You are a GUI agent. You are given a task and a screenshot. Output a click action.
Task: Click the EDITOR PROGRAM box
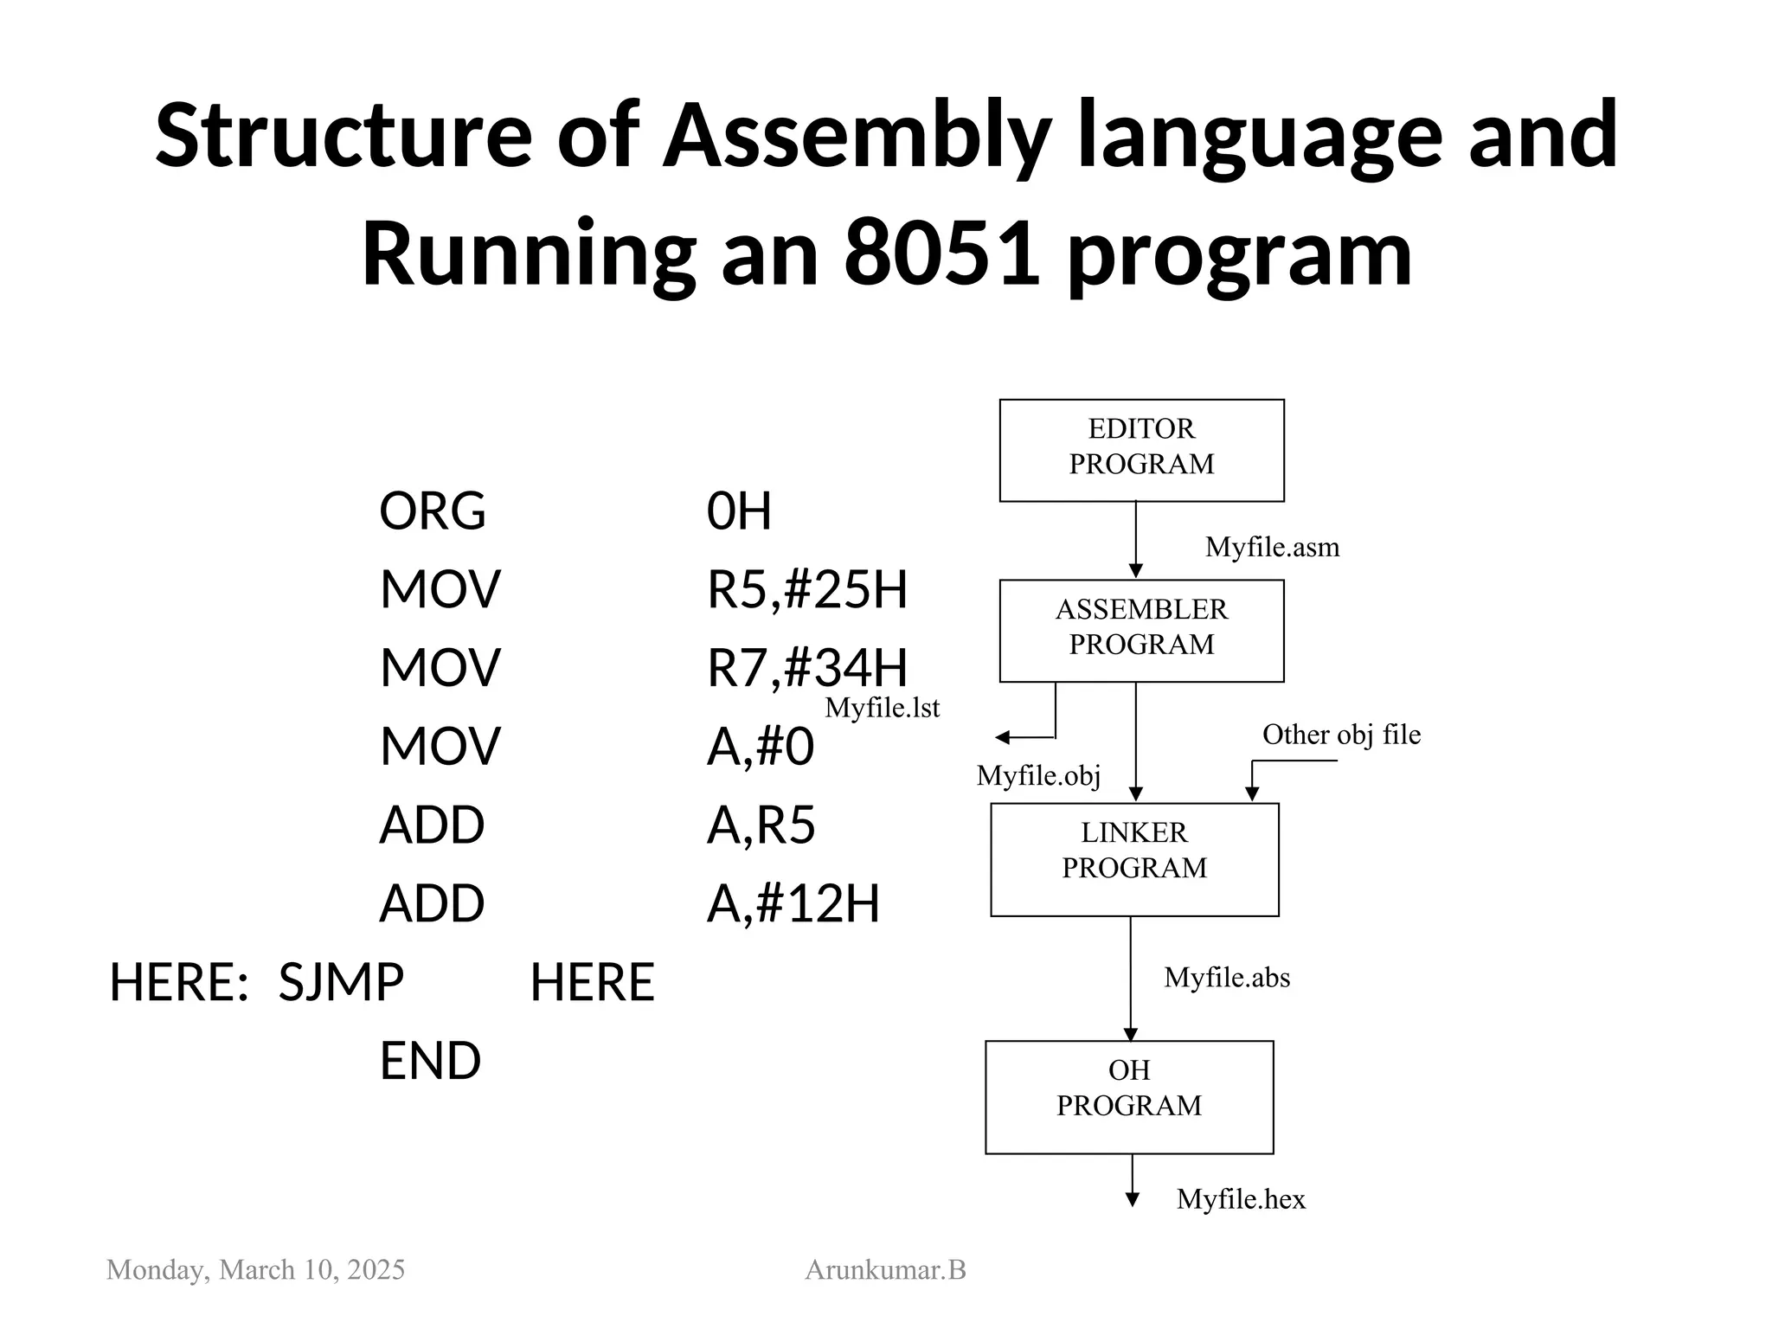[x=1140, y=450]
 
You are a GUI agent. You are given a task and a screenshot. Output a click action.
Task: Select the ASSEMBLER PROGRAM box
[x=1140, y=630]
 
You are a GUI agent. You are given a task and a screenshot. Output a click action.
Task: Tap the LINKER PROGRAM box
[x=1133, y=858]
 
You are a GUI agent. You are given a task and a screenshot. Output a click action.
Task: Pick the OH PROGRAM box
[x=1128, y=1096]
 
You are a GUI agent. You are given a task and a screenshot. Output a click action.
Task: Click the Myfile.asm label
[x=1272, y=547]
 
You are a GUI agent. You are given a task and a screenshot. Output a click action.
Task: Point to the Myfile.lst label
[x=882, y=708]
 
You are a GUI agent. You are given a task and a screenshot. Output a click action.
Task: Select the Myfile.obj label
[x=1038, y=775]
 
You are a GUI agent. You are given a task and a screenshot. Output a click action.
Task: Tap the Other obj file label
[x=1341, y=735]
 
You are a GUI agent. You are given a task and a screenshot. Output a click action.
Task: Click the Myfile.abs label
[x=1227, y=978]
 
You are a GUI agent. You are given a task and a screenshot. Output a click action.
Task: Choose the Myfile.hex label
[x=1241, y=1199]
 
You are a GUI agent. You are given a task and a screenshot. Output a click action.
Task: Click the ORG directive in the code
[x=433, y=510]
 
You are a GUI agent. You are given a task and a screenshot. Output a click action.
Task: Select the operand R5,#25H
[x=806, y=589]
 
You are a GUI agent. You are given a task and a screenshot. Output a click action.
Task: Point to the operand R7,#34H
[x=806, y=668]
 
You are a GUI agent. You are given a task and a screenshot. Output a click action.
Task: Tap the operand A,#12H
[x=793, y=903]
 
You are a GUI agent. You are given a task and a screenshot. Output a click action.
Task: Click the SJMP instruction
[x=341, y=982]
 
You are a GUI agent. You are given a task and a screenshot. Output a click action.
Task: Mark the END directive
[x=430, y=1061]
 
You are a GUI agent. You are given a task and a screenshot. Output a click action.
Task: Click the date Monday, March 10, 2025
[x=255, y=1269]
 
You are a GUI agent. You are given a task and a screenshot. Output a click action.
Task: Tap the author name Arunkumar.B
[x=885, y=1269]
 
